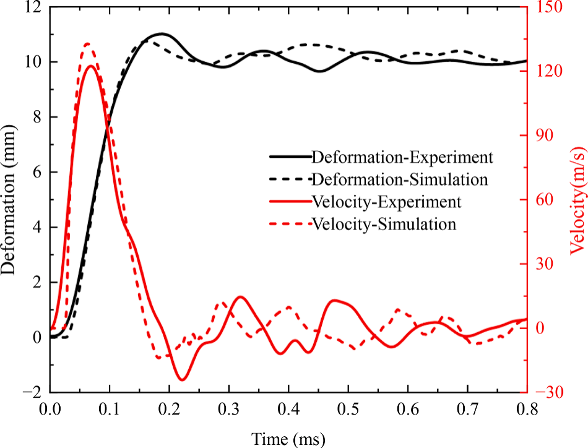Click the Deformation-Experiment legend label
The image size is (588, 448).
tap(402, 157)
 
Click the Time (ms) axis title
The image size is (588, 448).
tap(288, 438)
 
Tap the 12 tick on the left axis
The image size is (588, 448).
tap(33, 7)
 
